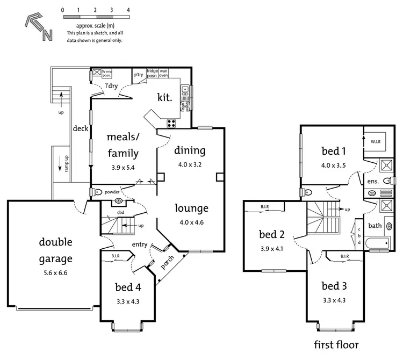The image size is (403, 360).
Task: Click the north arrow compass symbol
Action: [x=39, y=27]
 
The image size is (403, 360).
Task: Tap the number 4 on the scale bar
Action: [x=128, y=10]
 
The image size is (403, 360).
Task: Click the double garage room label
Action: [x=55, y=250]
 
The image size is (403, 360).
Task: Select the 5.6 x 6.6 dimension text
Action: [x=56, y=272]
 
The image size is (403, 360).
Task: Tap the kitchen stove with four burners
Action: [x=172, y=123]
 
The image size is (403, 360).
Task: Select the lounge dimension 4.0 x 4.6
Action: [x=191, y=221]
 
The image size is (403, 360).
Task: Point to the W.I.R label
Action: [x=376, y=141]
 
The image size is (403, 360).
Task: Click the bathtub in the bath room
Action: [x=376, y=246]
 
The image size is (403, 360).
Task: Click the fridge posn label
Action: [x=152, y=72]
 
